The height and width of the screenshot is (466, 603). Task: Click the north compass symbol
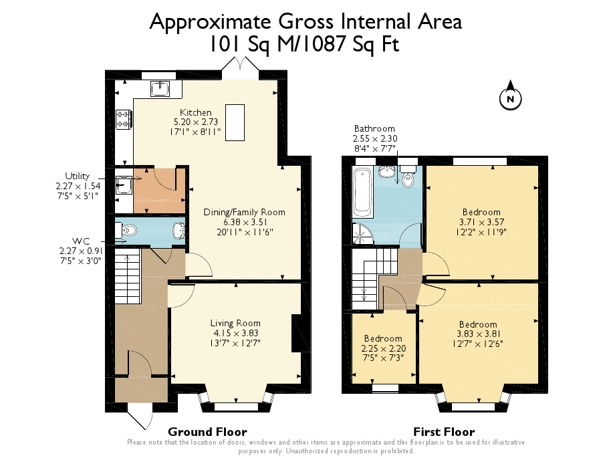coord(510,98)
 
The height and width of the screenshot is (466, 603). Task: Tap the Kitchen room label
coord(196,112)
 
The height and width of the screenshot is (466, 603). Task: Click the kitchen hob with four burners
coord(123,119)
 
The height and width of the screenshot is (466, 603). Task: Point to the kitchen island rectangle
coord(235,122)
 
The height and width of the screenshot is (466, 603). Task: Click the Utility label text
coord(77,176)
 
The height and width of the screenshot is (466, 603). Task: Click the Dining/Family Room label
coord(244,212)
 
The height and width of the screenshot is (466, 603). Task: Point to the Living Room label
coord(236,323)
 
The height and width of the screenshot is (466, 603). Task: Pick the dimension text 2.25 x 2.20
coord(382,348)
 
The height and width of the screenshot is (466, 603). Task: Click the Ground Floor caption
coord(207,431)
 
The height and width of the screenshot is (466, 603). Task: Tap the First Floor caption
coord(444,431)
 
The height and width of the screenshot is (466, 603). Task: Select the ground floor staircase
coord(128,277)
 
